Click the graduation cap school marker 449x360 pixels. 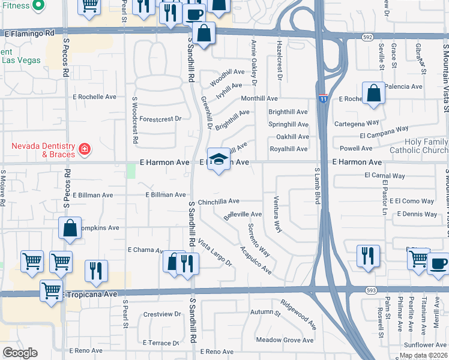pyautogui.click(x=219, y=160)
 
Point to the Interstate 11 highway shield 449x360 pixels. pyautogui.click(x=322, y=98)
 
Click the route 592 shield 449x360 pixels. pyautogui.click(x=367, y=36)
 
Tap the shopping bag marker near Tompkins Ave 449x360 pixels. pyautogui.click(x=70, y=229)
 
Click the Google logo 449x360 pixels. pyautogui.click(x=20, y=353)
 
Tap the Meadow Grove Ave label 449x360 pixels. pyautogui.click(x=285, y=340)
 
